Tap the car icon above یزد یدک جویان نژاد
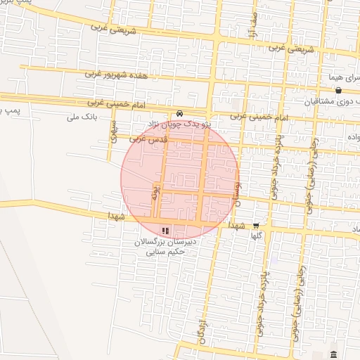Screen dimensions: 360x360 (x=180, y=113)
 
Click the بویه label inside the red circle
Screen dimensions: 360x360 (x=156, y=192)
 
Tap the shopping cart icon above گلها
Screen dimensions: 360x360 (x=255, y=226)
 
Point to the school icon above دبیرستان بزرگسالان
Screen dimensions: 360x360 (x=165, y=230)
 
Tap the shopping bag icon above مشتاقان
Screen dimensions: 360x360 (x=339, y=90)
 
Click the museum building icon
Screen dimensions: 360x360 (x=333, y=354)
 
